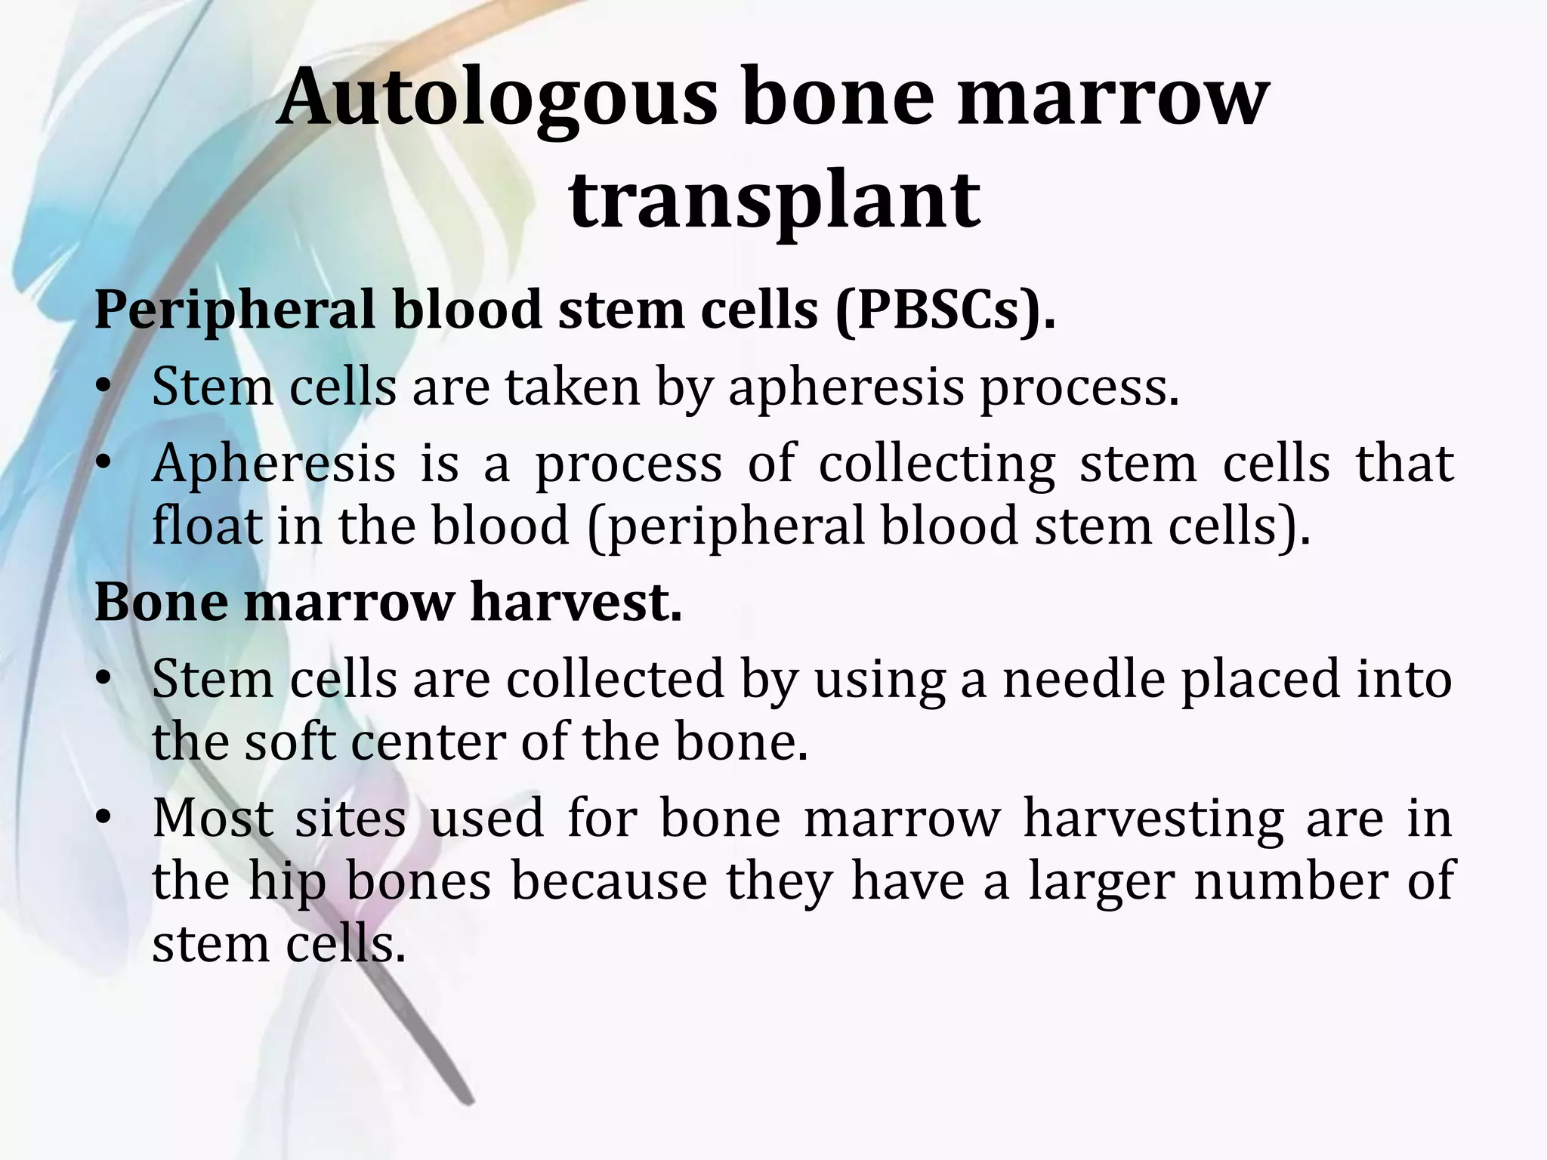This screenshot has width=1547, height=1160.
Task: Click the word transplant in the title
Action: point(773,200)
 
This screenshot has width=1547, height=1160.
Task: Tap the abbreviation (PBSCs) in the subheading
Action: point(945,310)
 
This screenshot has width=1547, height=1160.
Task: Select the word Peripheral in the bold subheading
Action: point(234,310)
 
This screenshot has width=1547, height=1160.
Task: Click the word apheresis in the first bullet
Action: point(846,387)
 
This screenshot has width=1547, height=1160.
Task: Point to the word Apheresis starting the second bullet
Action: point(273,464)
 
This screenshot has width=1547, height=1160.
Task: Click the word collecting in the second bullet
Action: point(937,464)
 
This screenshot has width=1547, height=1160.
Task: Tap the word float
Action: point(206,526)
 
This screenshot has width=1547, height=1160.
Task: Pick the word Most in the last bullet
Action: point(212,818)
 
